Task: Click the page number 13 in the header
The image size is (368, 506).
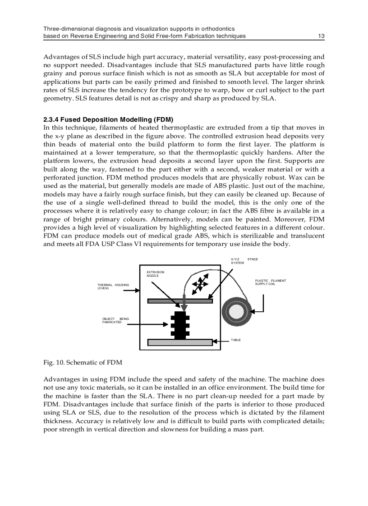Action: pyautogui.click(x=321, y=36)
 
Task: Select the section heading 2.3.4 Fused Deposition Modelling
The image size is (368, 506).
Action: pyautogui.click(x=108, y=120)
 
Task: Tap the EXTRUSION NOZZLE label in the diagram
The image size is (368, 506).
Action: pyautogui.click(x=156, y=274)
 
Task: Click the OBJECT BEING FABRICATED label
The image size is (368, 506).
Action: pyautogui.click(x=115, y=320)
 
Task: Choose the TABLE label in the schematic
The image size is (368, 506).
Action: pyautogui.click(x=236, y=340)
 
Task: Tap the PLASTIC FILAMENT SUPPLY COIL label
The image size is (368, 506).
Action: pyautogui.click(x=270, y=283)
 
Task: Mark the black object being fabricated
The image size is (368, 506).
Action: pyautogui.click(x=180, y=325)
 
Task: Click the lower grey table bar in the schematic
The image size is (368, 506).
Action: pyautogui.click(x=180, y=342)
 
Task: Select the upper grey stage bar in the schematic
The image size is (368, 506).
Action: pyautogui.click(x=180, y=301)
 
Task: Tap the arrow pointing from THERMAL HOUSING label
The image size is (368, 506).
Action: pyautogui.click(x=132, y=291)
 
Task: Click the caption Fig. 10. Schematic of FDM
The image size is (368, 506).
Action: pyautogui.click(x=83, y=362)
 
